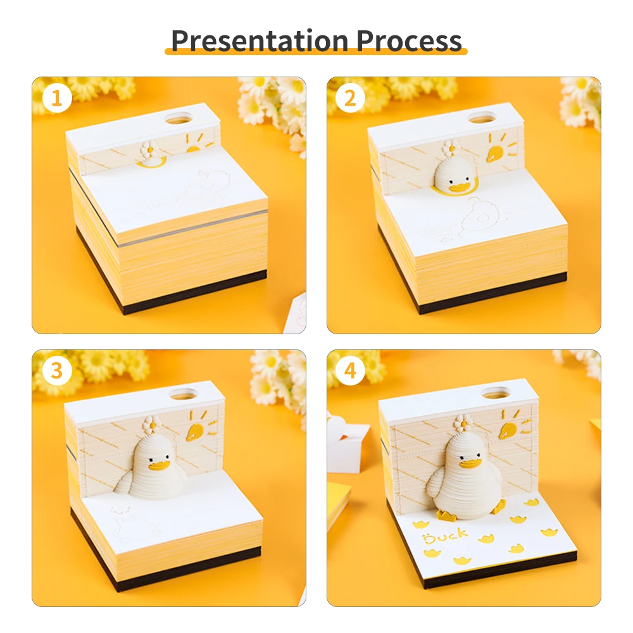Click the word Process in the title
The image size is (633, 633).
pos(409,40)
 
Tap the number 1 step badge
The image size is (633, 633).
pos(58,99)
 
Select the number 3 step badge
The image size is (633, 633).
pos(57,371)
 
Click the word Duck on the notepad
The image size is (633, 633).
pos(447,536)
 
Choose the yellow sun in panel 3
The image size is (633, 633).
pos(195,431)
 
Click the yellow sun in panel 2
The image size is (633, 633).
pos(496,151)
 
